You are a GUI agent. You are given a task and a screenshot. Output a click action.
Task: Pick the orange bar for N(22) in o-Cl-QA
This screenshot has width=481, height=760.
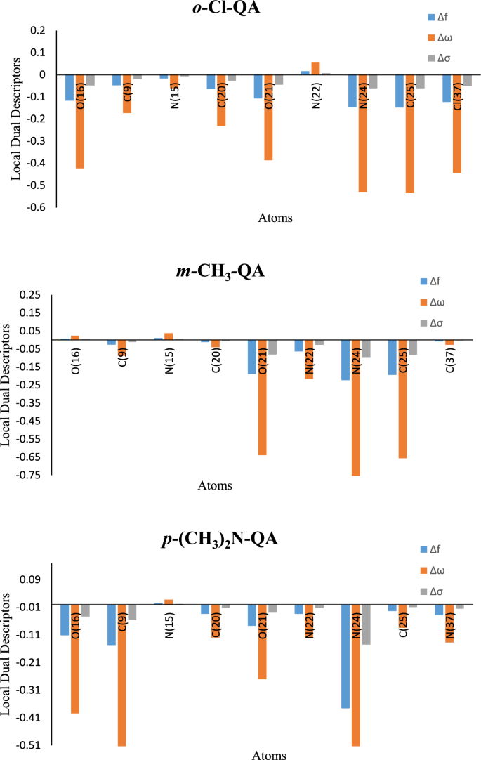[315, 67]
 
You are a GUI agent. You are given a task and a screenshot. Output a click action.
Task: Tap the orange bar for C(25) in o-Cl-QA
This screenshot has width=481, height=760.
[409, 133]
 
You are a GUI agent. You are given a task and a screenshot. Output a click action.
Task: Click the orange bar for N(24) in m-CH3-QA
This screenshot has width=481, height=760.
[356, 407]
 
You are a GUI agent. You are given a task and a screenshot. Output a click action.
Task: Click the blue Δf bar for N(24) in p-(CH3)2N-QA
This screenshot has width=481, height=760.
[345, 656]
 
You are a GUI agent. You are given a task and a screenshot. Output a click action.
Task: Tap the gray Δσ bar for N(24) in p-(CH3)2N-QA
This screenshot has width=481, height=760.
[366, 624]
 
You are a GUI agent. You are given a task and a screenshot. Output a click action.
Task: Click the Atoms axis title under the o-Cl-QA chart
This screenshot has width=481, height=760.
[275, 218]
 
